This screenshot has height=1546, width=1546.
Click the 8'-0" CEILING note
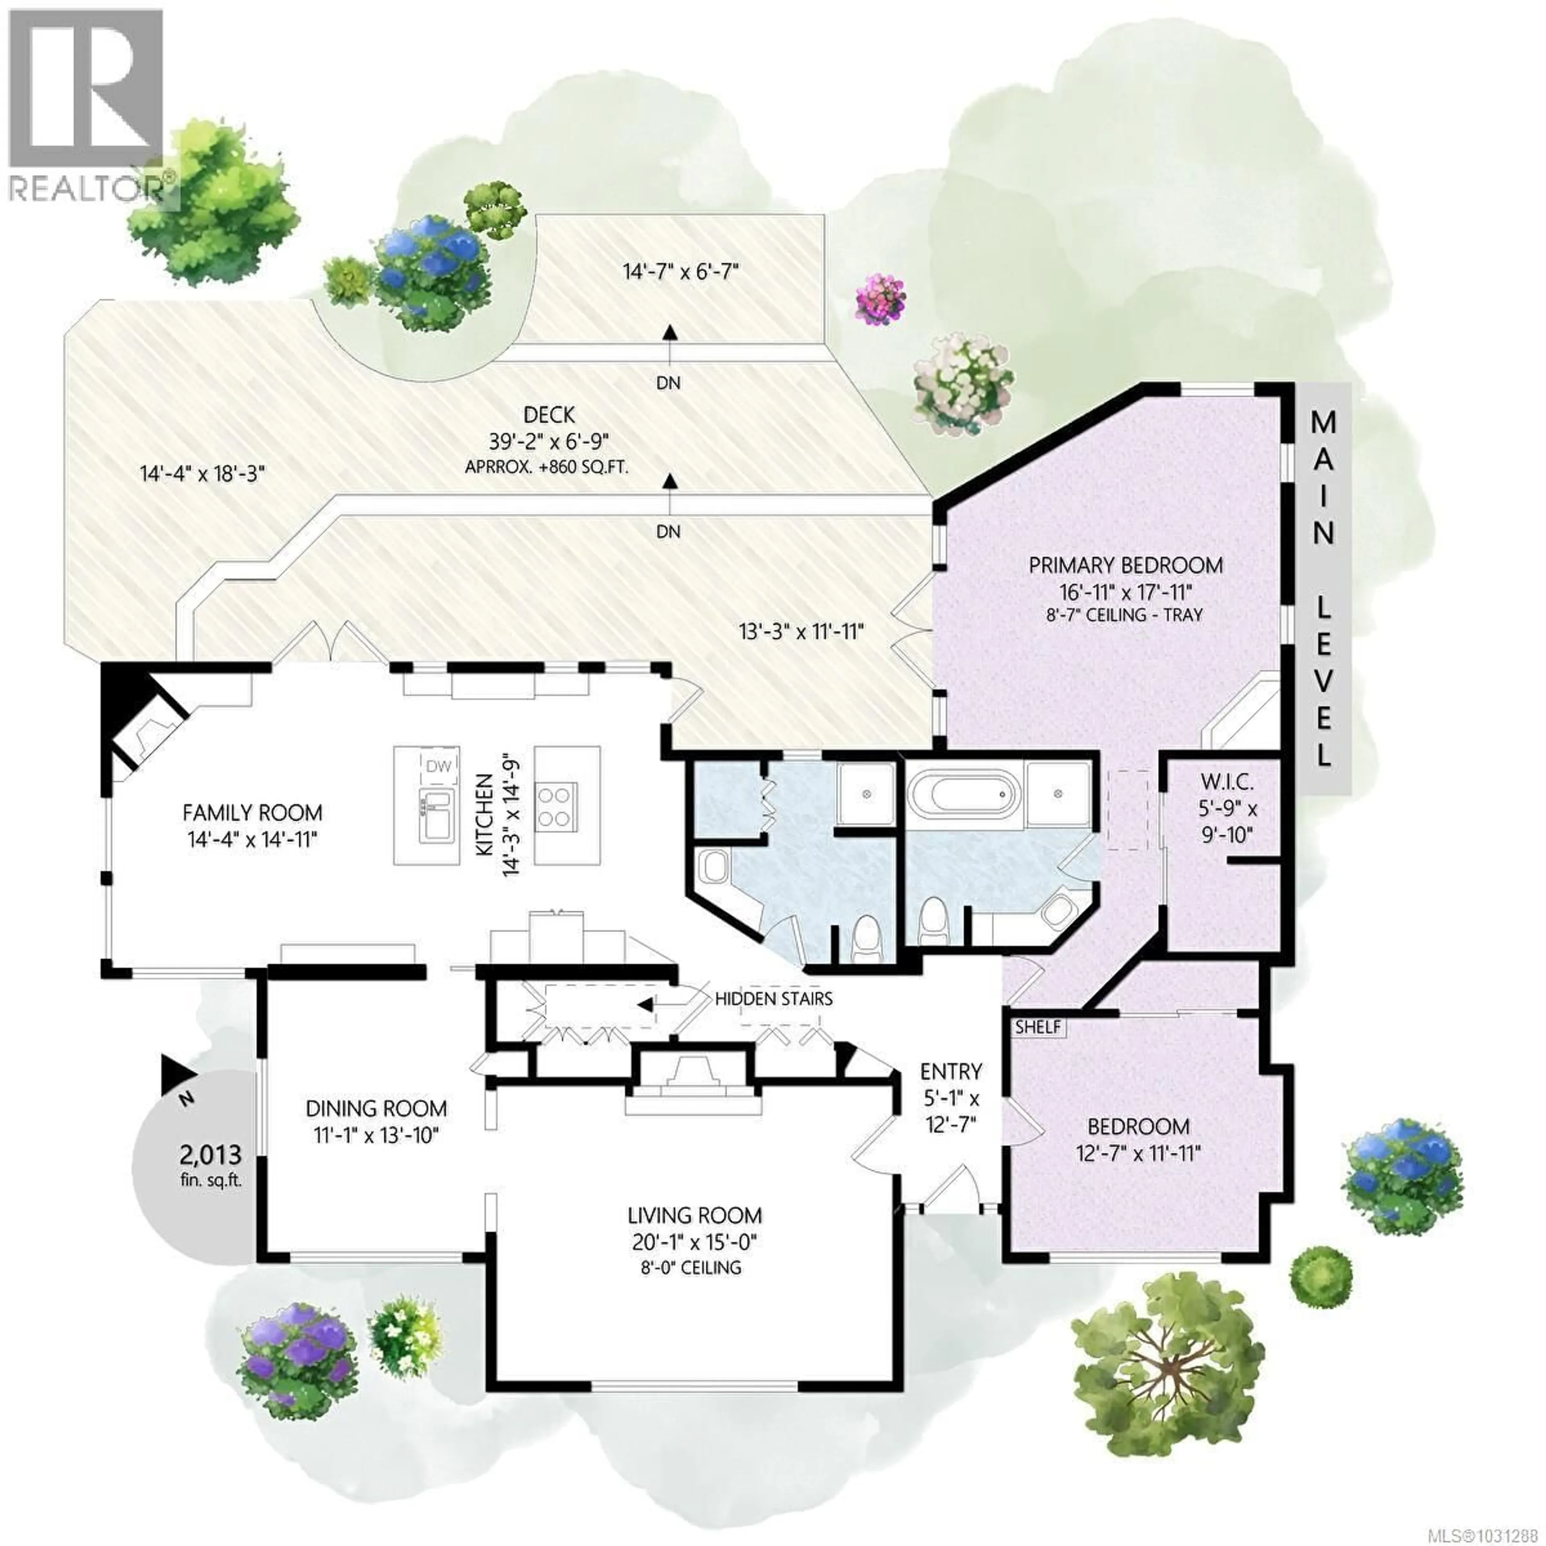pos(694,1267)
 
